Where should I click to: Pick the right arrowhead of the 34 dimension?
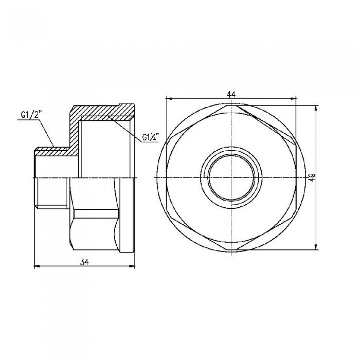click(133, 266)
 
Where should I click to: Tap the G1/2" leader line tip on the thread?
click(53, 146)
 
